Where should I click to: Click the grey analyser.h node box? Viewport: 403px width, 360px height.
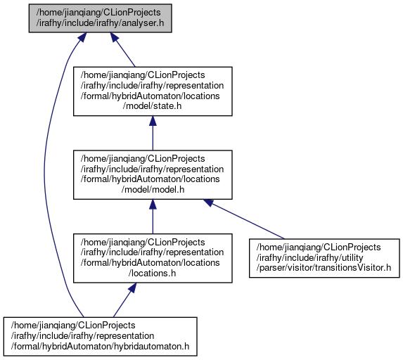pos(101,18)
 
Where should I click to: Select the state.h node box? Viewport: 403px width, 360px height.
pos(153,91)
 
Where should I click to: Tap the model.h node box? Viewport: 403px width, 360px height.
pos(153,175)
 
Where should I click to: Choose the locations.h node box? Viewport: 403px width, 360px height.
pos(153,258)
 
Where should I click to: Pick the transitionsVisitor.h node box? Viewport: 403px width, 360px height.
pos(324,258)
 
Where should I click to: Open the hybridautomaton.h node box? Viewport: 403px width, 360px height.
pos(101,336)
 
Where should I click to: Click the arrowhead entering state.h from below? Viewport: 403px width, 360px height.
pos(153,121)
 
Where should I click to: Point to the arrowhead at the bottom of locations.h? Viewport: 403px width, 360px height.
pos(132,288)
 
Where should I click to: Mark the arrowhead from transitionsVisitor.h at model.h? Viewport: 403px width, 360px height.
pos(209,202)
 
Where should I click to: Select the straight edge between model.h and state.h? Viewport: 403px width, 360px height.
pos(153,133)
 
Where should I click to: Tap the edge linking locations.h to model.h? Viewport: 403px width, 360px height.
pos(153,217)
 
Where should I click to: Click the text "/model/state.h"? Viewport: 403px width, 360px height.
pos(152,106)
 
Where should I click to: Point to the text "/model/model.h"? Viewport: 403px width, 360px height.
pos(153,189)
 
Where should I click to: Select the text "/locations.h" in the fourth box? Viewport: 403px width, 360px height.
pos(152,273)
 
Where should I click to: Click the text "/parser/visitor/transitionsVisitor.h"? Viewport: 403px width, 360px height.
pos(324,268)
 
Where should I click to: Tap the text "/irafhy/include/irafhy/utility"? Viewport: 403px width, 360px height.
pos(309,257)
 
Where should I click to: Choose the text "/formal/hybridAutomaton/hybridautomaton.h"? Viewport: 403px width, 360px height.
pos(100,346)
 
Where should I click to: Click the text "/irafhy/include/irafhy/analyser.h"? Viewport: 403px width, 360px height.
pos(100,23)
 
